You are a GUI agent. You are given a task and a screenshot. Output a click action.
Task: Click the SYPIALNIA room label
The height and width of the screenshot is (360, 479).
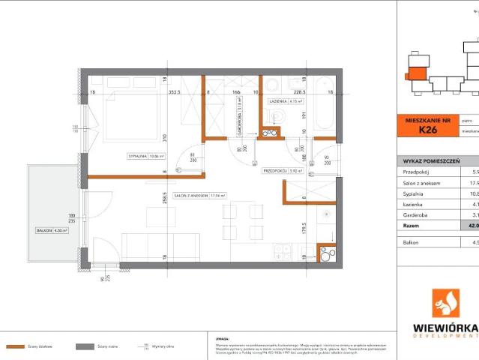click(139, 156)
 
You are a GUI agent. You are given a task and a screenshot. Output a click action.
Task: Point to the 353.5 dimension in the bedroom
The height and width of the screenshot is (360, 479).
click(175, 93)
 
